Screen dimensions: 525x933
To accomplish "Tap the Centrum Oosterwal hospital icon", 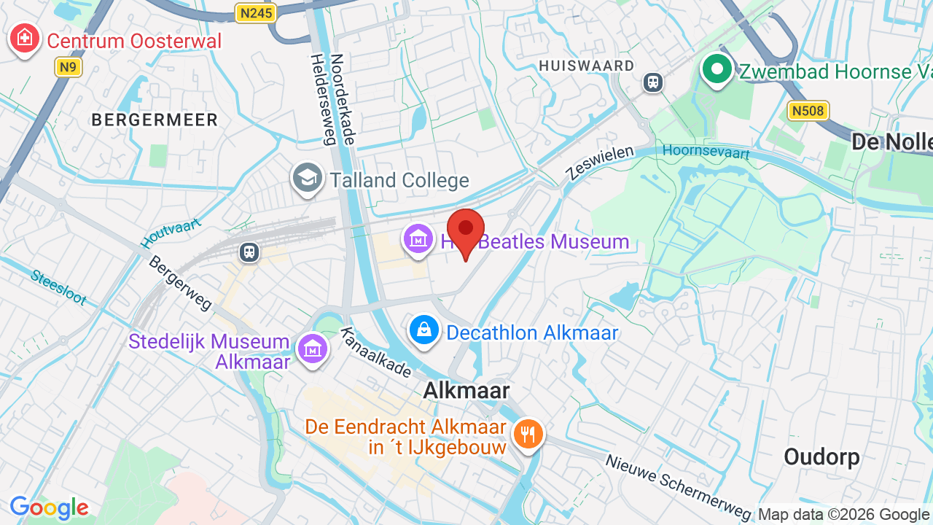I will coord(24,38).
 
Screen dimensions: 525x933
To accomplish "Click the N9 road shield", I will coord(68,67).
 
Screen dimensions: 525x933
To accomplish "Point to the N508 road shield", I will coord(808,111).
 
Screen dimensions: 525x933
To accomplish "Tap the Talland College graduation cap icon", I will coord(308,179).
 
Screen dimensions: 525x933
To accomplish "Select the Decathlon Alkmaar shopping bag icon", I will coord(424,331).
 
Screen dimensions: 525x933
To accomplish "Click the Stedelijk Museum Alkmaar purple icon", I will coord(313,349).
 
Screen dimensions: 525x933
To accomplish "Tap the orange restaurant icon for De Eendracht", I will coord(528,435).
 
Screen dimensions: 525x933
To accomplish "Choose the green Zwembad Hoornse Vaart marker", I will coord(717,70).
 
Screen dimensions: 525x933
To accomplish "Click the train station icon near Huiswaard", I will coord(653,82).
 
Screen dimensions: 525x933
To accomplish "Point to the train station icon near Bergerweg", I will coord(249,252).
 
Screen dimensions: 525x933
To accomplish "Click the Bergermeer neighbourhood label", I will coord(155,120).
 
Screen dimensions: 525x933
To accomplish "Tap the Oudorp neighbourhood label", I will coord(821,457).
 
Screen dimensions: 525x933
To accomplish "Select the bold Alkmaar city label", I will coord(466,390).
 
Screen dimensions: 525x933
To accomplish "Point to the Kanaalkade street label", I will coord(377,353).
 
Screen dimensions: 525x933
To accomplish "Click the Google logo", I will coord(49,508).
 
